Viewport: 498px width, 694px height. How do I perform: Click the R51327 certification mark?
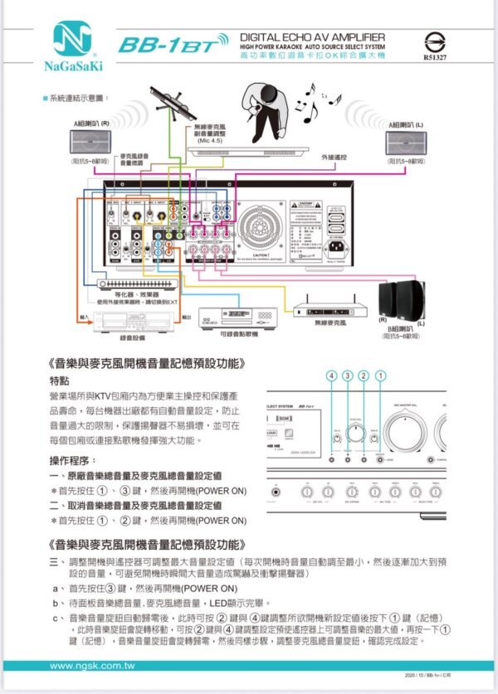(434, 44)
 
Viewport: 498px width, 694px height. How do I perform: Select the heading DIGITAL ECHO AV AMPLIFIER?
(311, 37)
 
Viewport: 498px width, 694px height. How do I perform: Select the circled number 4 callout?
(333, 376)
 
